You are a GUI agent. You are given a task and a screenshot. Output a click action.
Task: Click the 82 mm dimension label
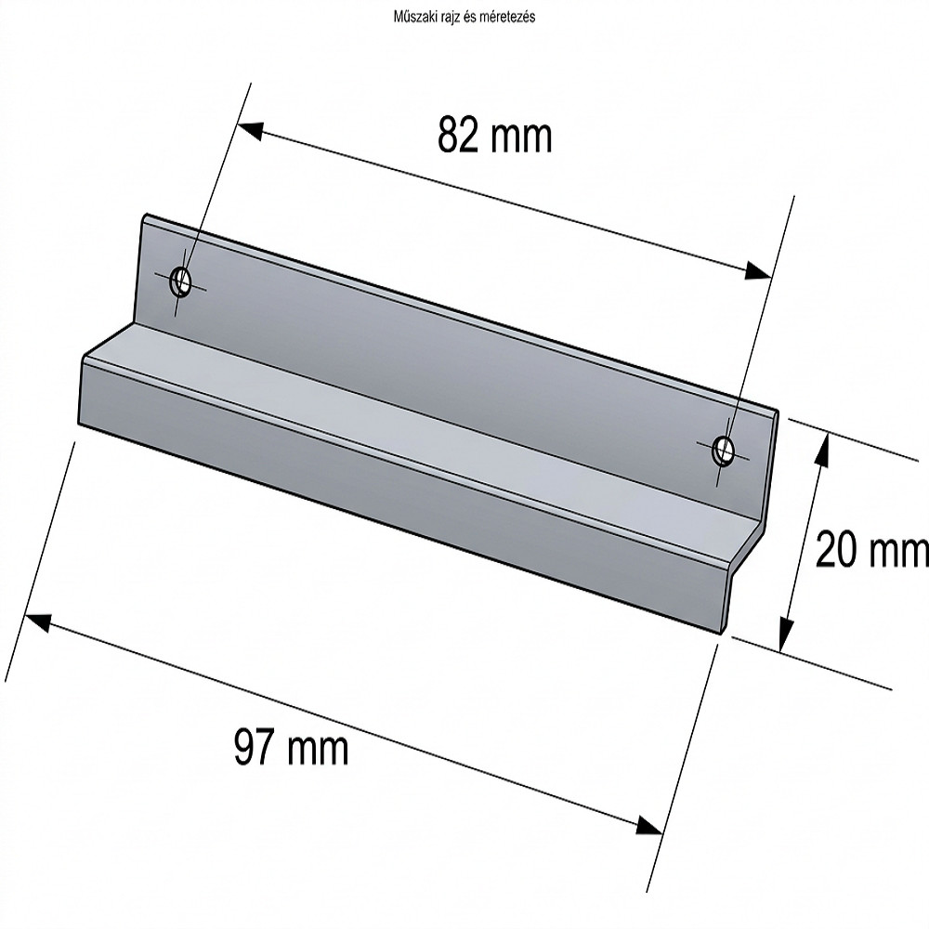point(495,136)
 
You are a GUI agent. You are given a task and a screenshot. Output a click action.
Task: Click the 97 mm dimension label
point(292,747)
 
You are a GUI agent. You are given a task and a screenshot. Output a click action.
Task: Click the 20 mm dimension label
point(872,549)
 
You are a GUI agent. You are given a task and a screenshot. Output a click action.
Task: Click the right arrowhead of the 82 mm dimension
point(759,270)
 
